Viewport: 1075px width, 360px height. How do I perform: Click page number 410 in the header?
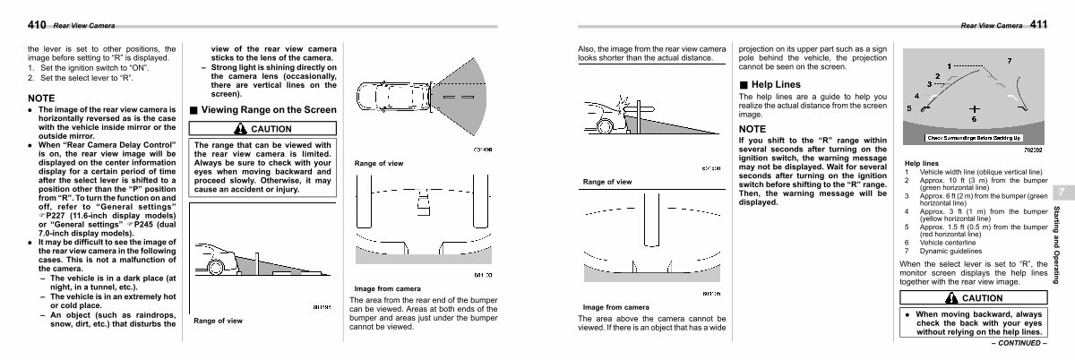click(x=38, y=23)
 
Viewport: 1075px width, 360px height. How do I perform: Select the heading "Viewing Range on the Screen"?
click(x=268, y=110)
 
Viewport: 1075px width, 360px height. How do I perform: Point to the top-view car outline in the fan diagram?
click(x=384, y=95)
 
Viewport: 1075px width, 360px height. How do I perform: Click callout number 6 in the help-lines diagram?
click(x=973, y=119)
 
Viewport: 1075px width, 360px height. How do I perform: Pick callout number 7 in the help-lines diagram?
click(x=1010, y=61)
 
